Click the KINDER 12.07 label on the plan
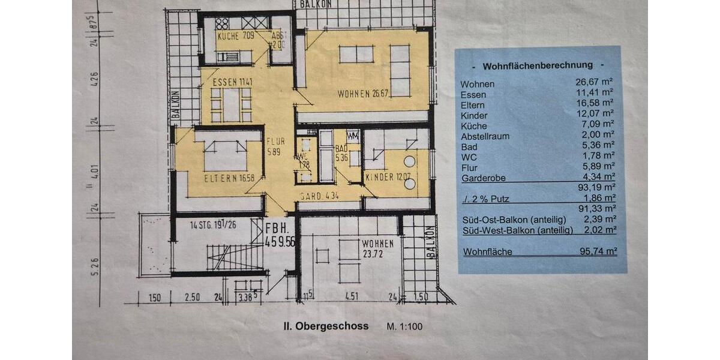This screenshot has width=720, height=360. point(389,178)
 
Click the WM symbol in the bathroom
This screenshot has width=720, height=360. point(353,135)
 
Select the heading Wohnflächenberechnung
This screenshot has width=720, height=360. point(538,65)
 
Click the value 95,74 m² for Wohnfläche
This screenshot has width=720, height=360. point(596,252)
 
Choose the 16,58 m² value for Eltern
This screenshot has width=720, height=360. point(596,104)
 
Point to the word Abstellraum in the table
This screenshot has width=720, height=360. point(485,136)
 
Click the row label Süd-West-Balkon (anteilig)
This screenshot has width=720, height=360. point(515,230)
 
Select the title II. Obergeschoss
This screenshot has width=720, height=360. point(326,326)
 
